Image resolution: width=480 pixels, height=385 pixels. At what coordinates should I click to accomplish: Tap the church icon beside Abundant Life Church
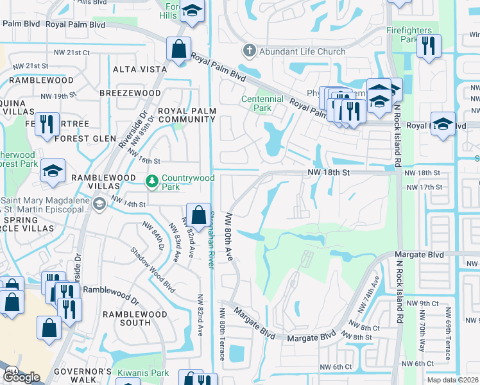[x=248, y=51]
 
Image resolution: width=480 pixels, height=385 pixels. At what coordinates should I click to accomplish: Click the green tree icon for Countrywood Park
[x=152, y=182]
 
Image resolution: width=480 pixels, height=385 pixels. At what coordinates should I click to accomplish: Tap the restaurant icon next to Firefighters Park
[x=429, y=46]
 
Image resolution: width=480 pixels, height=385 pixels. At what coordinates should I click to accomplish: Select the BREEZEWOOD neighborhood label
[x=130, y=93]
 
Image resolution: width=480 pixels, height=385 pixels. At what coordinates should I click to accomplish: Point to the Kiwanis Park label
[x=142, y=373]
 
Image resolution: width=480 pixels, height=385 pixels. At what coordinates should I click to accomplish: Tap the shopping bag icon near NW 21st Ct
[x=178, y=48]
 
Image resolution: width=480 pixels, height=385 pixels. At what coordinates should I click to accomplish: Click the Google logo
[x=22, y=377]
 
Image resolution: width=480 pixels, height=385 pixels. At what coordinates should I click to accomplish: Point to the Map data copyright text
[x=452, y=380]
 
